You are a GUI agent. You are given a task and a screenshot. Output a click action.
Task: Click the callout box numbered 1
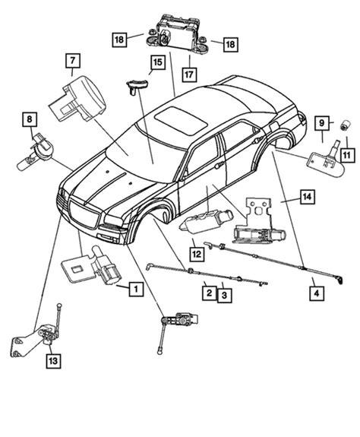(x=134, y=289)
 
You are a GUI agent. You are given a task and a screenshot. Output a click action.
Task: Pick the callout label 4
(x=314, y=289)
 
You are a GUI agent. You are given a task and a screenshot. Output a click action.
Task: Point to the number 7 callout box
(x=73, y=59)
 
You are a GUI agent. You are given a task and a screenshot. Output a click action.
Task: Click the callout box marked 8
(x=28, y=119)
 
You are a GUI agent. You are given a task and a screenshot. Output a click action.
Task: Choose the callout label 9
(x=322, y=123)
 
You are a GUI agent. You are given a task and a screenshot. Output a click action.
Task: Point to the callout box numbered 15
(x=156, y=62)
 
